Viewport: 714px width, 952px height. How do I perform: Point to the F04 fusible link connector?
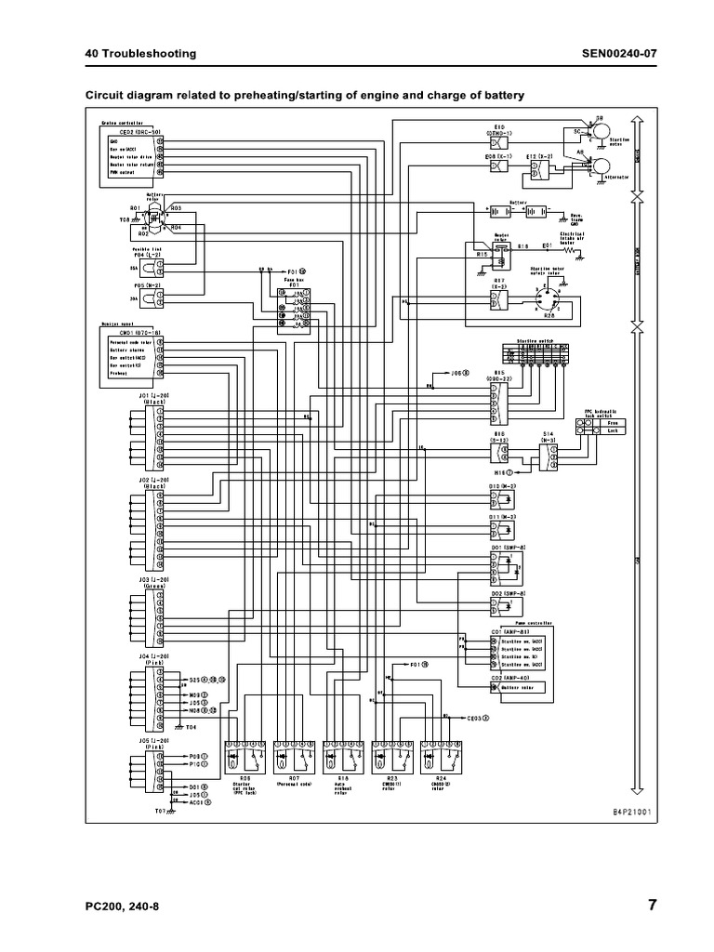(161, 266)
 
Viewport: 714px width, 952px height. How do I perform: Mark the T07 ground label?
(160, 812)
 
